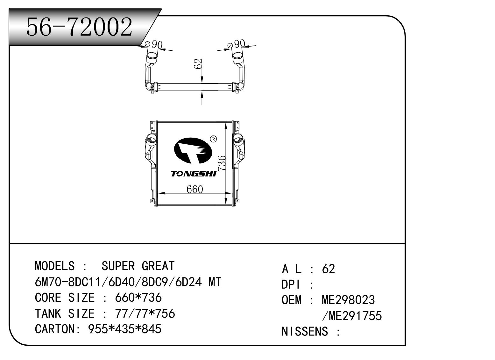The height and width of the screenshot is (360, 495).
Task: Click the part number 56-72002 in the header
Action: coord(79,26)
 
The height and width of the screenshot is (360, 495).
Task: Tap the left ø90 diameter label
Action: coord(153,45)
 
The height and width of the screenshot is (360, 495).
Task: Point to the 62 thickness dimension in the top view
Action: coord(198,64)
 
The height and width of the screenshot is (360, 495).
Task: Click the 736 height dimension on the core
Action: coord(222,163)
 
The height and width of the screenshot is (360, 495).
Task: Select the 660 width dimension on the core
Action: coord(195,189)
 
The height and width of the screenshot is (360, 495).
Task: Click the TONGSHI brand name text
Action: coord(194,174)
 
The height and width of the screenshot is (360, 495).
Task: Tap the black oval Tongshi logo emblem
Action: coord(193,151)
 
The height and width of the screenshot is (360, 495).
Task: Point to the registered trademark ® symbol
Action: coord(213,139)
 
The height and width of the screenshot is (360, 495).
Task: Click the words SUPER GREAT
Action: coord(138,266)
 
